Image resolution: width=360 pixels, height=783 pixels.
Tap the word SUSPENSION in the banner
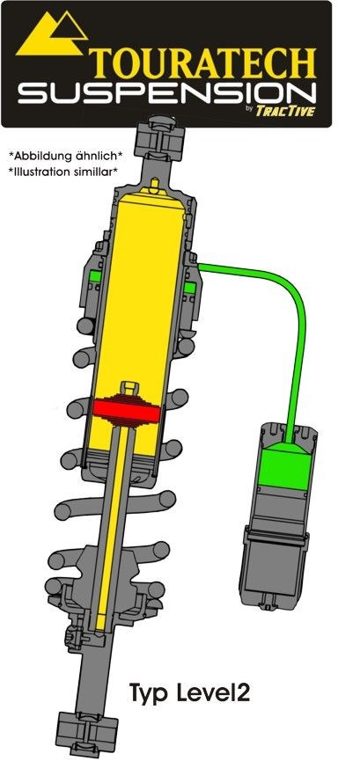click(166, 93)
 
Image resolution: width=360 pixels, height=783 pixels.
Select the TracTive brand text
click(285, 110)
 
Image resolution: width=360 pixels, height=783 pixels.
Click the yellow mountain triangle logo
click(52, 33)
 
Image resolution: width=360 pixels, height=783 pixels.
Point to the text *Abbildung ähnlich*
click(65, 156)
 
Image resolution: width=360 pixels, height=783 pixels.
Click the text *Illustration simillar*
click(62, 172)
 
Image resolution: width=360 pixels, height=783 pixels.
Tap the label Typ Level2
click(189, 693)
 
